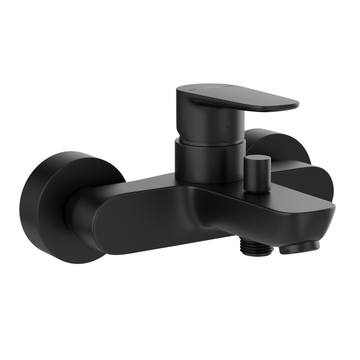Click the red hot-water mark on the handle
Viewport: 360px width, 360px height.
[191, 90]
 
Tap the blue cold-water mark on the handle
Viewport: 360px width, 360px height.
[230, 86]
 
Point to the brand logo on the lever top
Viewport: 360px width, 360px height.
[211, 88]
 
